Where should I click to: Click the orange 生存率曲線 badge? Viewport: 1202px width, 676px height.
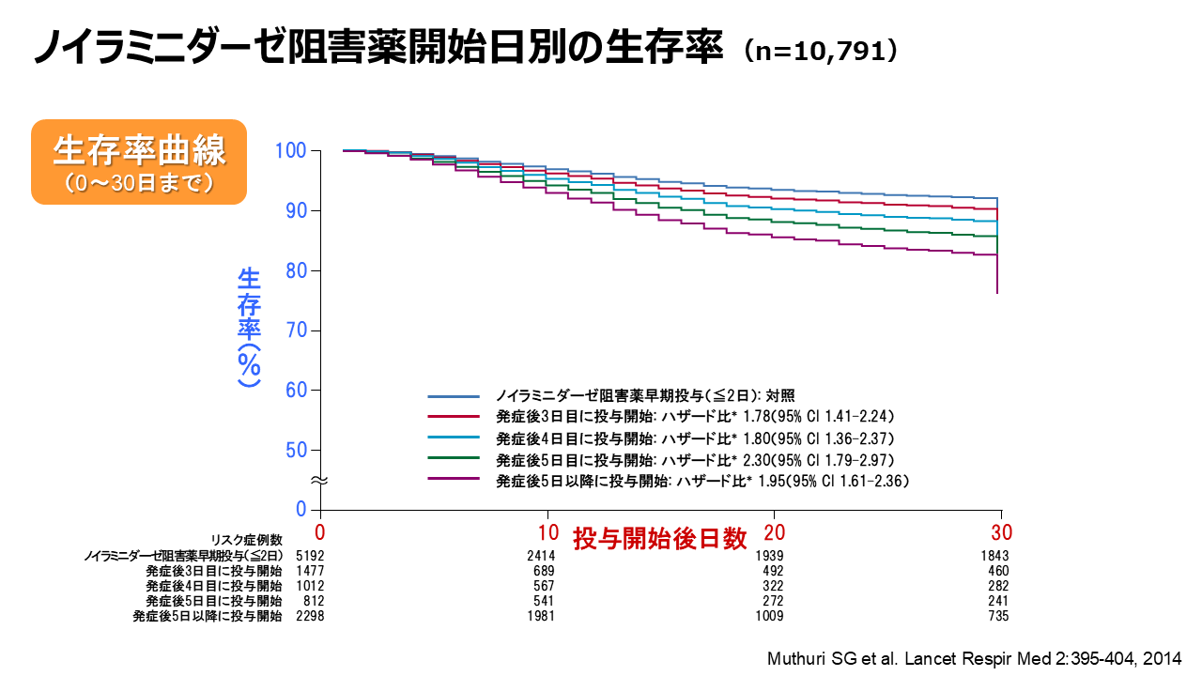139,161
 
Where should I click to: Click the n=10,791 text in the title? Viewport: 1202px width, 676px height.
819,51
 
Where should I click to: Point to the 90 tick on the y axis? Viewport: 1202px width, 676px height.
293,210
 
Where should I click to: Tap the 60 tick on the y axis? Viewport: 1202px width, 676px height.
293,390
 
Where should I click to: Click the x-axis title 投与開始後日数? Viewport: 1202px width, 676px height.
660,538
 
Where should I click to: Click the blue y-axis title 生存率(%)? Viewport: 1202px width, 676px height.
249,328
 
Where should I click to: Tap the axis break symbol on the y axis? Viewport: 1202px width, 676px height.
319,480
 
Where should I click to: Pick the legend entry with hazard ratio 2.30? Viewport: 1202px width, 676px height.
694,460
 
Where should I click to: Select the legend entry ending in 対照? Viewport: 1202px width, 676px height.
647,395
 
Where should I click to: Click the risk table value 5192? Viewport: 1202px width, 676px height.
309,557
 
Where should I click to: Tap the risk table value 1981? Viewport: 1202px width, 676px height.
541,616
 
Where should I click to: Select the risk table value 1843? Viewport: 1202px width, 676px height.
995,557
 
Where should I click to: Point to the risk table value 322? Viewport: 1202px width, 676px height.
772,587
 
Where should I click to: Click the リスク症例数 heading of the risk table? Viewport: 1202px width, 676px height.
246,539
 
